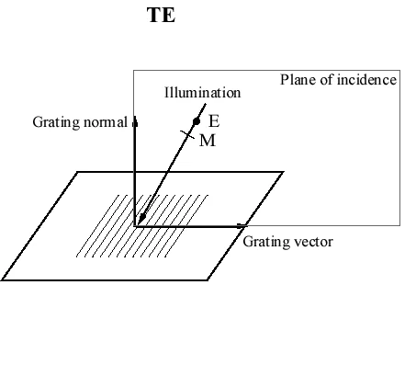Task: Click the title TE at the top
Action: pyautogui.click(x=162, y=17)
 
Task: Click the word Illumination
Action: pyautogui.click(x=202, y=93)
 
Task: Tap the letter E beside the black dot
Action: pyautogui.click(x=214, y=121)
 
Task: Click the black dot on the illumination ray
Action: pyautogui.click(x=197, y=121)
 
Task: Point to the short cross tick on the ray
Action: pyautogui.click(x=188, y=136)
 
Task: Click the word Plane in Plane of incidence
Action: pyautogui.click(x=298, y=80)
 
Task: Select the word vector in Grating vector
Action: pyautogui.click(x=312, y=242)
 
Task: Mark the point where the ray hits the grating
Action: pyautogui.click(x=141, y=219)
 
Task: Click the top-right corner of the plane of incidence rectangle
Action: pyautogui.click(x=398, y=71)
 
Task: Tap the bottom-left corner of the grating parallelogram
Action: pyautogui.click(x=3, y=280)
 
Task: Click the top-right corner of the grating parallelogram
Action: pyautogui.click(x=283, y=171)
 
